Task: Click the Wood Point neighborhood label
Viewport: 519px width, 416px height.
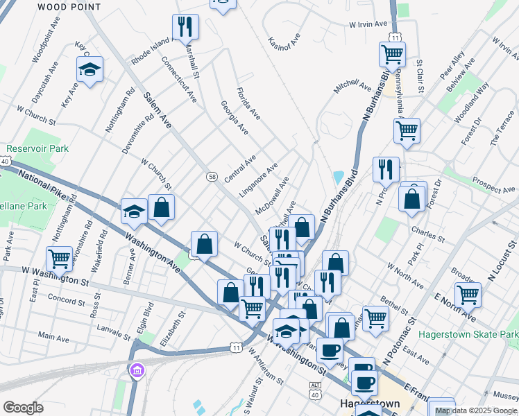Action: pyautogui.click(x=69, y=7)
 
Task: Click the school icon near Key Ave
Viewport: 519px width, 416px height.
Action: pyautogui.click(x=90, y=69)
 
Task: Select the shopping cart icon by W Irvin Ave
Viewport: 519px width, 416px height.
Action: pyautogui.click(x=393, y=55)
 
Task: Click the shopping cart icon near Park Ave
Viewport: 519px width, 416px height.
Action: pyautogui.click(x=60, y=259)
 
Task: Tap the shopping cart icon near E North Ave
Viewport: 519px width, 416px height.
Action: pyautogui.click(x=468, y=294)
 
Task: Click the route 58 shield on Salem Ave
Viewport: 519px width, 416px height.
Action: pyautogui.click(x=212, y=177)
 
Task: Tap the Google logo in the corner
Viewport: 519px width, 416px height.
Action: pyautogui.click(x=23, y=408)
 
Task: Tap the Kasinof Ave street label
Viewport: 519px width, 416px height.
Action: pyautogui.click(x=284, y=42)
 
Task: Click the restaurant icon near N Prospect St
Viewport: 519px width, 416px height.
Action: pyautogui.click(x=386, y=169)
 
